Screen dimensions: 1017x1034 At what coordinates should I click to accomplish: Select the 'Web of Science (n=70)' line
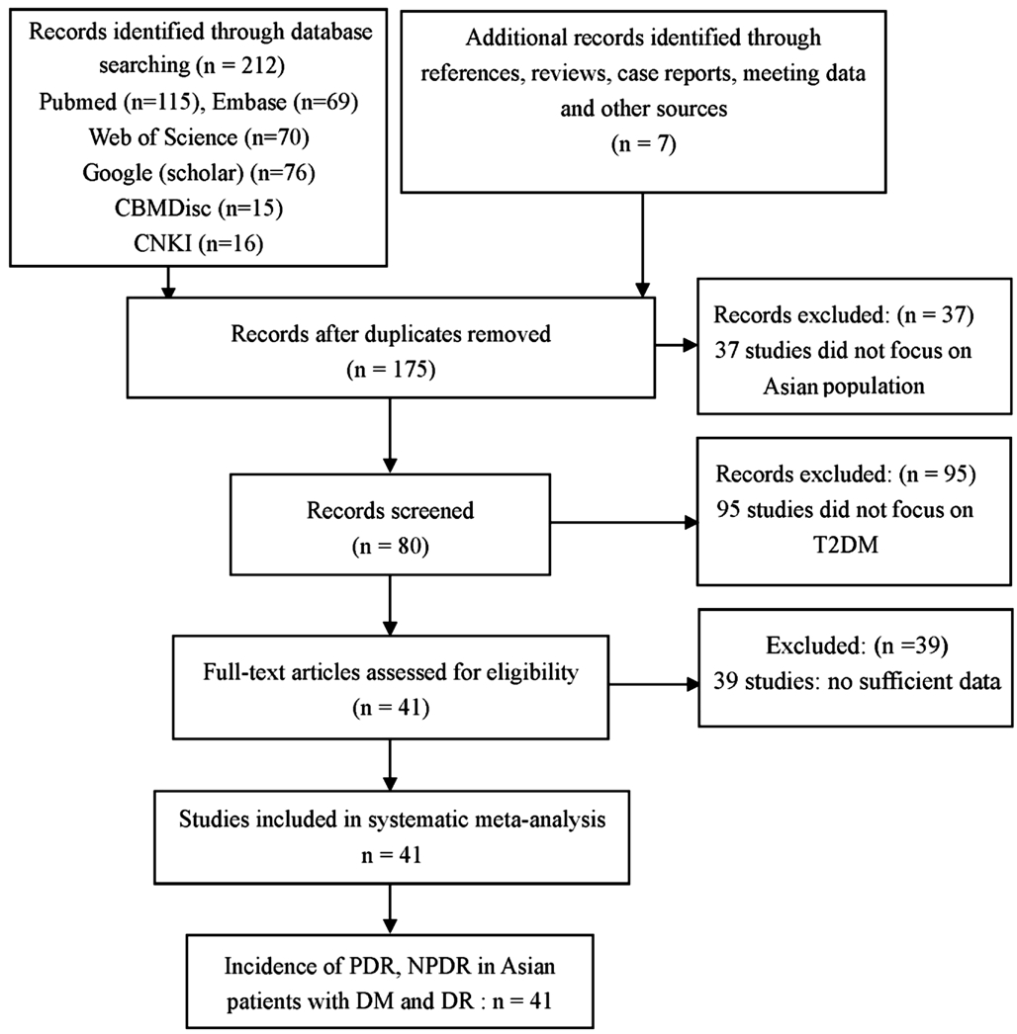pos(199,137)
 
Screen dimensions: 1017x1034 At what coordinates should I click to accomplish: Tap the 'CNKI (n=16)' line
pos(199,243)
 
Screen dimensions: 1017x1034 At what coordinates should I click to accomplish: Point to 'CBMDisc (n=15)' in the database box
pos(199,208)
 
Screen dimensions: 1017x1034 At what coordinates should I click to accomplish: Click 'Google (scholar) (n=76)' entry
pos(199,173)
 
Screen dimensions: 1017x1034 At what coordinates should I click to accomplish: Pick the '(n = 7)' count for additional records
pos(643,143)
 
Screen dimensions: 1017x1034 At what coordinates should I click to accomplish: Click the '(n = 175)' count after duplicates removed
pos(391,370)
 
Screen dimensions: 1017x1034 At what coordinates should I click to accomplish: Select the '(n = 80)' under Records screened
pos(390,546)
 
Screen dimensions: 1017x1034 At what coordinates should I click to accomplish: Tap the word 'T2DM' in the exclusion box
pos(846,545)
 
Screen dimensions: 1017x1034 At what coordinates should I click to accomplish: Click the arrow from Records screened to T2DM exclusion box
pos(623,523)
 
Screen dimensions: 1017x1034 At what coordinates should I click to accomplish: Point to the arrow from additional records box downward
pos(642,245)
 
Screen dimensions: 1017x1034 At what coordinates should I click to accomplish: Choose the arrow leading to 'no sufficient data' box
pos(653,684)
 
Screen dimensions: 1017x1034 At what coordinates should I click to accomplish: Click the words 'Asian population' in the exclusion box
pos(844,386)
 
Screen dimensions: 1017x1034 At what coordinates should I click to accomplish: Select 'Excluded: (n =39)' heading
pos(857,646)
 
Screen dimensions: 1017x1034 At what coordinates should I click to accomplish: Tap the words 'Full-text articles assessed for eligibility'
pos(391,672)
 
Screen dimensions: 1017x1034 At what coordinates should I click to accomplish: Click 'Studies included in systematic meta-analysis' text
pos(392,819)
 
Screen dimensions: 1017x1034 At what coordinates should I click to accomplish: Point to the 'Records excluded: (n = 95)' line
pos(846,474)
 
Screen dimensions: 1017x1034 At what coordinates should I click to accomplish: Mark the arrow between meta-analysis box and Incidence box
pos(390,909)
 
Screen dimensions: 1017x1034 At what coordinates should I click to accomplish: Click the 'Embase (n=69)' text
pos(285,102)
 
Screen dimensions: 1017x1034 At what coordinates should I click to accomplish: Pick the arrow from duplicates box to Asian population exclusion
pos(677,345)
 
